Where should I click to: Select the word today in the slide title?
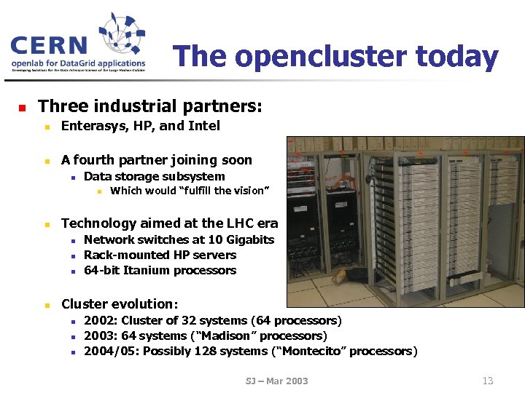click(456, 57)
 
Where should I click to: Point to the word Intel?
click(203, 126)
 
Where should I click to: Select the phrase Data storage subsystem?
click(154, 177)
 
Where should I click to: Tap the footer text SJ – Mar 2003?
click(277, 381)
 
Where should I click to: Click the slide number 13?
click(488, 380)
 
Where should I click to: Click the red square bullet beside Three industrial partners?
click(22, 108)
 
